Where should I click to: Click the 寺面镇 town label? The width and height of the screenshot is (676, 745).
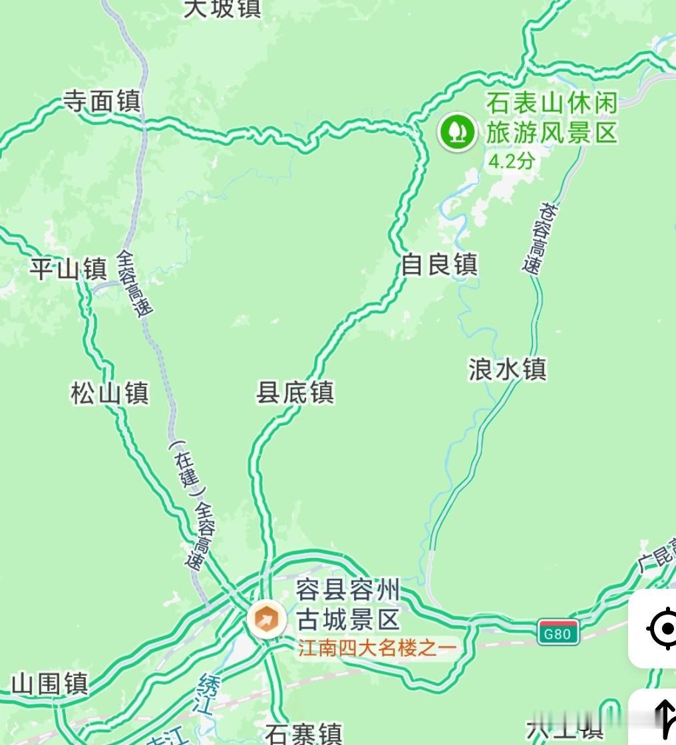tap(102, 102)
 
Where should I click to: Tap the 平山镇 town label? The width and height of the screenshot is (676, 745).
tap(68, 269)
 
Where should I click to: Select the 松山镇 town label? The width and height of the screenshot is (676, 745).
tap(109, 392)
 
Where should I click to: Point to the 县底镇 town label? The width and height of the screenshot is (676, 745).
tap(295, 392)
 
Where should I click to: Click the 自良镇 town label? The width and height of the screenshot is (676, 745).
tap(439, 265)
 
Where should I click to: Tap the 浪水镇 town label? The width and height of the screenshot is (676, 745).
tap(507, 369)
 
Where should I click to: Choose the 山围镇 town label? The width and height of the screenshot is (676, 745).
tap(50, 683)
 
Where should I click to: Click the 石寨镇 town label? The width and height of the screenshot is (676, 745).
tap(303, 734)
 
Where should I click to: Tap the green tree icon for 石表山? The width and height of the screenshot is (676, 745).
tap(456, 131)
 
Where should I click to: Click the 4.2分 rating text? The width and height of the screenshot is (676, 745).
tap(511, 161)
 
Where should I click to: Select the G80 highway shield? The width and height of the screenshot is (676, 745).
tap(558, 633)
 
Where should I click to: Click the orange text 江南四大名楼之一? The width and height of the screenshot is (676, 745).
tap(377, 648)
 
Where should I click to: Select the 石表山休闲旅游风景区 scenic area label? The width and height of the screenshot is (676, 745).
tap(552, 118)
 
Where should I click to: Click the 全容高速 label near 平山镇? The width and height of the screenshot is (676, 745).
tap(135, 282)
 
